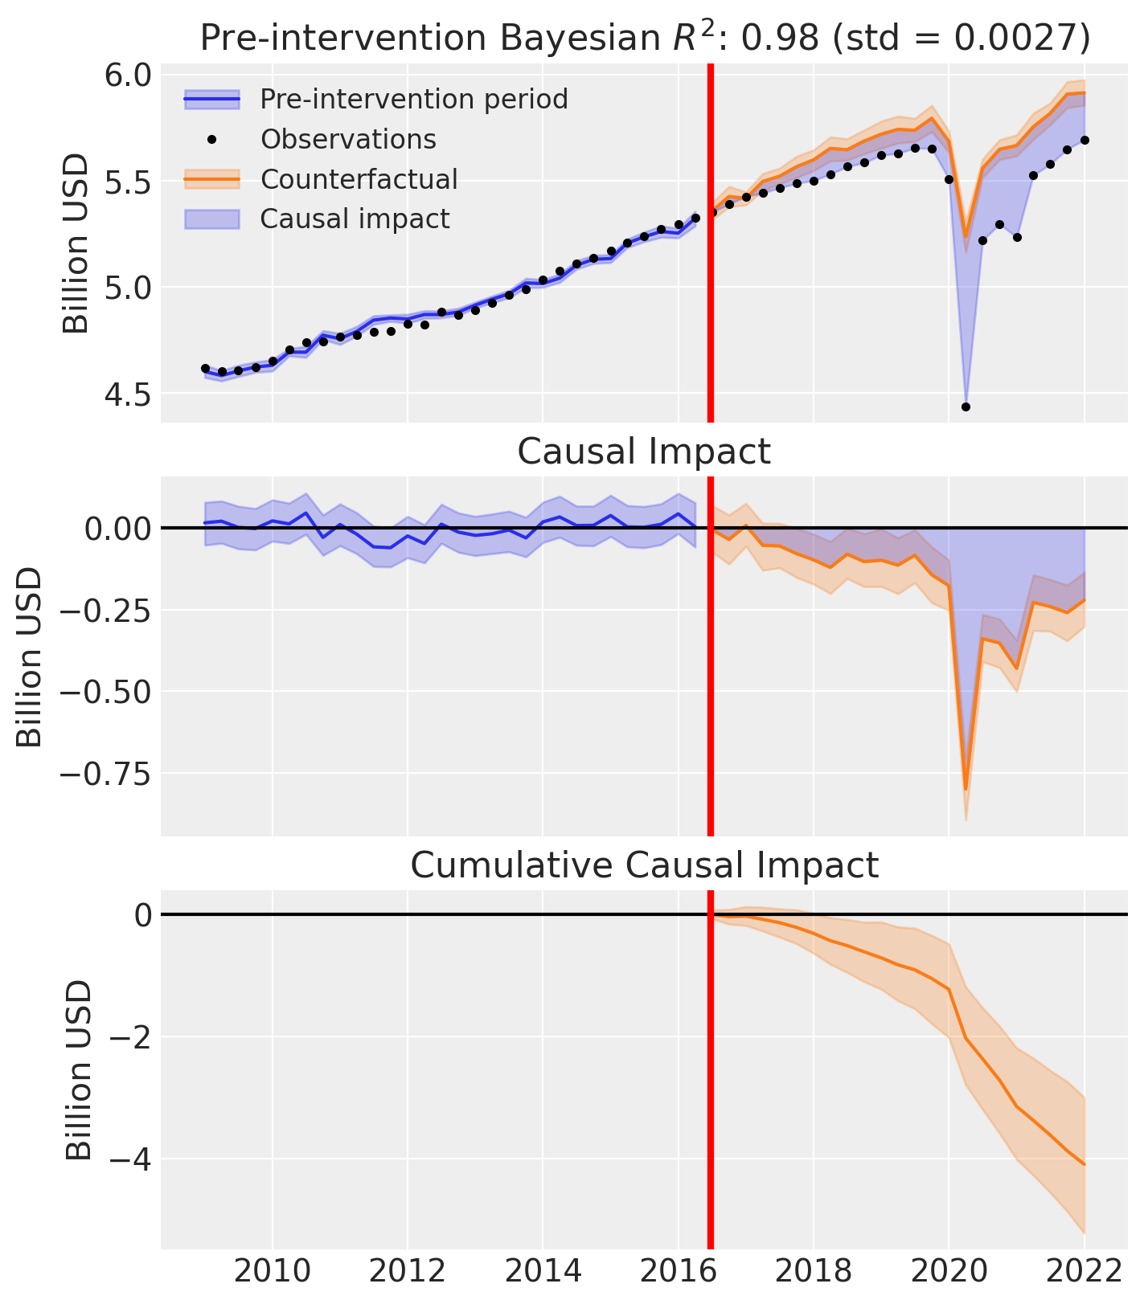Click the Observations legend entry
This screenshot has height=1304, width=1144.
[347, 139]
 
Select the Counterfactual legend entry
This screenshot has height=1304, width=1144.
[359, 179]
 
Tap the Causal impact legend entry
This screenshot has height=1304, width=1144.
[355, 219]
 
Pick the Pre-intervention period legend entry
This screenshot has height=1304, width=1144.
[413, 99]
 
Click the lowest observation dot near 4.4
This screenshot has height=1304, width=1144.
[966, 407]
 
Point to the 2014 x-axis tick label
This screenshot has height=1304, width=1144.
[543, 1271]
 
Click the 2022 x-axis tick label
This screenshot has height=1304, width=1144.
[1084, 1271]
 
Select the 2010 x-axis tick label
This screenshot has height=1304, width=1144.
[273, 1271]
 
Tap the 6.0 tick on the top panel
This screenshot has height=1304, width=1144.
[129, 76]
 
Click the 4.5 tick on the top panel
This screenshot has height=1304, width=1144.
[129, 394]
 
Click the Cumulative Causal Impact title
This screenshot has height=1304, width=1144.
[644, 865]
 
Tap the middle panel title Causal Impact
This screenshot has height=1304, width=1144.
[644, 452]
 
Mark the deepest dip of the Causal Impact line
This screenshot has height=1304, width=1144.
[966, 789]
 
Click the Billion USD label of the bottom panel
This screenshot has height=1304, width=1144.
[79, 1069]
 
